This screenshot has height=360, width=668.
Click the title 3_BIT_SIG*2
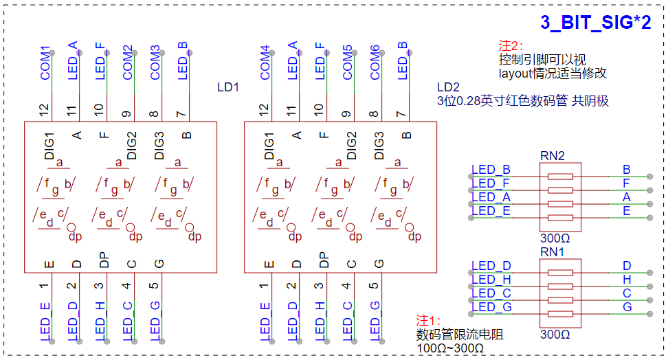[596, 23]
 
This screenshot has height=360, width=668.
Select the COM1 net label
[45, 63]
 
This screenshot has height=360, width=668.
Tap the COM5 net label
[348, 63]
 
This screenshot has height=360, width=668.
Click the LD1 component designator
[228, 87]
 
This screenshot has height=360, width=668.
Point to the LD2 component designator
[448, 87]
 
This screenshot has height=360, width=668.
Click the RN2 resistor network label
[552, 156]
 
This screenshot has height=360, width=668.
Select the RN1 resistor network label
[552, 252]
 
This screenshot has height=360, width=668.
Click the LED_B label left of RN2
[491, 170]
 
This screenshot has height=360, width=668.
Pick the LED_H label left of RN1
[491, 280]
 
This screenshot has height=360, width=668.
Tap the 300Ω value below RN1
[555, 335]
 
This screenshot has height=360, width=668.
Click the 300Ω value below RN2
[555, 238]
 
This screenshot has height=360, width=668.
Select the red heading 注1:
[428, 320]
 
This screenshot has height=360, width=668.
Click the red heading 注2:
[511, 45]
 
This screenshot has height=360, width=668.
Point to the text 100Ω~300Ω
[450, 348]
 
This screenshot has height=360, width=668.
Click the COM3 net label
[155, 63]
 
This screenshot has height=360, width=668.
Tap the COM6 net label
[375, 63]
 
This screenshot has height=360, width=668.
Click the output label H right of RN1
[627, 280]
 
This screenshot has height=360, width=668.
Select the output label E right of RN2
[627, 211]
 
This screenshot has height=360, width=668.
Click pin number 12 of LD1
[44, 110]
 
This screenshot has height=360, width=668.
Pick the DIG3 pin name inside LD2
[379, 146]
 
